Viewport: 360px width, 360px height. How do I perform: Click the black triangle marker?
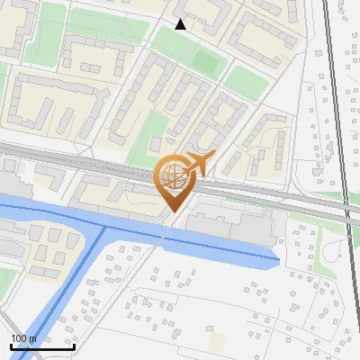[x=181, y=24]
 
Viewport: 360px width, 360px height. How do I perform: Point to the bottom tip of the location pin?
[x=171, y=211]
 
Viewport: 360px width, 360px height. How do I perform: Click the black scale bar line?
[x=41, y=346]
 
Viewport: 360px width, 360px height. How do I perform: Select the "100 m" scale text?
[x=23, y=338]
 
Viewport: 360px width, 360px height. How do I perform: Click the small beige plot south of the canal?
[x=217, y=343]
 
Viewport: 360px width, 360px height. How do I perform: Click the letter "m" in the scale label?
[x=31, y=338]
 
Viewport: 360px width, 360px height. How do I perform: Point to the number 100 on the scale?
[x=18, y=338]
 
